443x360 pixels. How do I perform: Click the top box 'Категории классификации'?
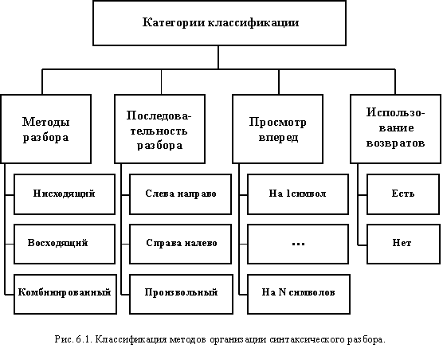point(219,23)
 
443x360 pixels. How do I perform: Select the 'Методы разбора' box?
point(45,129)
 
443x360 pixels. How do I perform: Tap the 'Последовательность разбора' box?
point(159,129)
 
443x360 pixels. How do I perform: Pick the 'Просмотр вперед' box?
point(277,129)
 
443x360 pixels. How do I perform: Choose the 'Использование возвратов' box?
point(395,129)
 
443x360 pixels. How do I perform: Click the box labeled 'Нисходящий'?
point(65,194)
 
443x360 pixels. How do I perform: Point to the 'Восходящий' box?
point(65,245)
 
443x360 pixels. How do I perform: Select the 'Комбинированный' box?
point(65,294)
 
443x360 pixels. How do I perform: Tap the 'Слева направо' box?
point(180,194)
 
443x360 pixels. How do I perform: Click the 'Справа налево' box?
point(180,245)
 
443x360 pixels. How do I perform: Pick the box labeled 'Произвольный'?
point(181,294)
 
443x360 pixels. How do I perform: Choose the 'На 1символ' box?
point(298,194)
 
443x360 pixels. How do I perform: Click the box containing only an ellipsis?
point(298,245)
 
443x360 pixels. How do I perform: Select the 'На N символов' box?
point(299,294)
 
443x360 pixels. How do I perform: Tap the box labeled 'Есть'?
point(403,194)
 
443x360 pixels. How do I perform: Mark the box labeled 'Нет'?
point(403,245)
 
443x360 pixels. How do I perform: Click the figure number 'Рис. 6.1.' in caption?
point(74,339)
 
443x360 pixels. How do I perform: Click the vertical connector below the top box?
point(218,57)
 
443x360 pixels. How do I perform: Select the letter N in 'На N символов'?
point(282,292)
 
